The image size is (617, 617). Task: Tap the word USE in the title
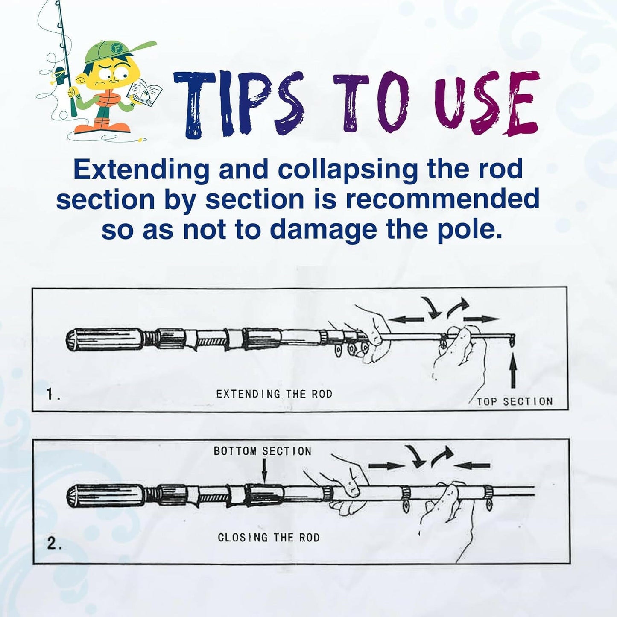[x=487, y=105]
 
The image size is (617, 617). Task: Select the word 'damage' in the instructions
[x=323, y=229]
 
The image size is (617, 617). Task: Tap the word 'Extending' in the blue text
[x=141, y=170]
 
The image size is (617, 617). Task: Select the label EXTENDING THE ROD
[x=274, y=394]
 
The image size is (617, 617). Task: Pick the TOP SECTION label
[x=515, y=402]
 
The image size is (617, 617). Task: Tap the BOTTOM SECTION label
[x=262, y=451]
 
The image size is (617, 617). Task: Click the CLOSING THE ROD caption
[x=269, y=538]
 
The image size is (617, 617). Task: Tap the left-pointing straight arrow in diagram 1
[x=406, y=319]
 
